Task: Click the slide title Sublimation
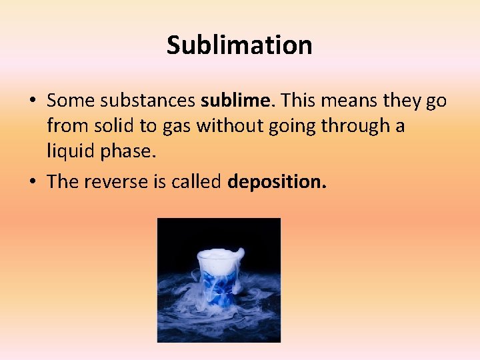tap(239, 45)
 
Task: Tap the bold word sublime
tap(237, 101)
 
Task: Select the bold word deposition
tap(277, 182)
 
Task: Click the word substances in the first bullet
tap(148, 101)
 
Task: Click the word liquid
tap(71, 151)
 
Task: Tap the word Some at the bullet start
tap(69, 101)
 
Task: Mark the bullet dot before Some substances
tap(32, 101)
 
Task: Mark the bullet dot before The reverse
tap(32, 183)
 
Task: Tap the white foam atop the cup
tap(220, 258)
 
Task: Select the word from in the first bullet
tap(64, 126)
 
